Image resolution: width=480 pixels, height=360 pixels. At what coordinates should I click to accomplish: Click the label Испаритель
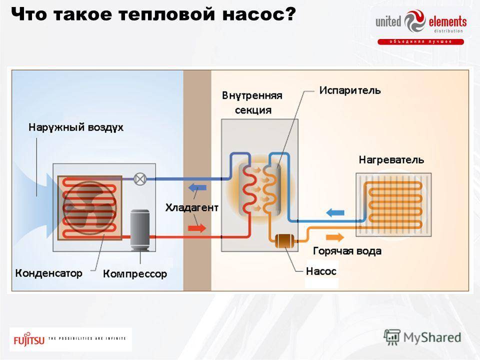coord(350,90)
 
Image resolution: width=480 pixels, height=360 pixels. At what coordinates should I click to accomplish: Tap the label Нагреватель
coord(391,160)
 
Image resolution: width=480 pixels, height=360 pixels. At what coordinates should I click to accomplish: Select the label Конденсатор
coord(48,273)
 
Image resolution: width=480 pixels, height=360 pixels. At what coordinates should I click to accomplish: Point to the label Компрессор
coord(135,273)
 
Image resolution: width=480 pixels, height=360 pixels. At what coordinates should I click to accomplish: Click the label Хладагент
coord(192,207)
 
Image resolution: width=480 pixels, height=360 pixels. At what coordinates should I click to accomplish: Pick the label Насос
coord(321,271)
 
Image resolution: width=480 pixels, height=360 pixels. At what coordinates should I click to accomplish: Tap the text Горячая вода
coord(347,251)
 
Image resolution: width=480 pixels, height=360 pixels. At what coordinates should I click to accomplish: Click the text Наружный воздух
coord(76,127)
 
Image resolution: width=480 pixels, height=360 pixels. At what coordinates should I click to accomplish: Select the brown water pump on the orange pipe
coord(284,241)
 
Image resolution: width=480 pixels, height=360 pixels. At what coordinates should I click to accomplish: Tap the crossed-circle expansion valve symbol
coord(140,179)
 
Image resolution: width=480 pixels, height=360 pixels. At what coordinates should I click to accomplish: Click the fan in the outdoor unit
coord(89,208)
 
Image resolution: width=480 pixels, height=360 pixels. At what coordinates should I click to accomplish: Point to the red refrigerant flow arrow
coord(196,228)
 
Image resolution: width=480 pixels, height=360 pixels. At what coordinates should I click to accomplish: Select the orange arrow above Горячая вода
coord(335,237)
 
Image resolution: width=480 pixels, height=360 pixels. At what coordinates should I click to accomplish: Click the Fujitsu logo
coord(29,339)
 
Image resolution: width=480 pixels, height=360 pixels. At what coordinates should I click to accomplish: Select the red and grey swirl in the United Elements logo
coord(415,21)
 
